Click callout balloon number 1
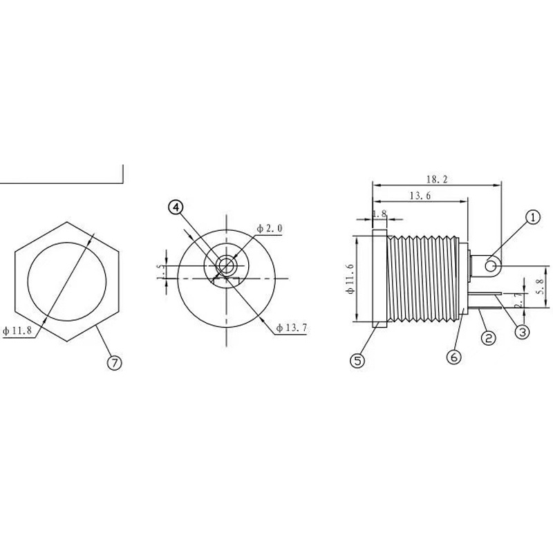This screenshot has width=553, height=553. (532, 218)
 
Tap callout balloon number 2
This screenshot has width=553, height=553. (488, 338)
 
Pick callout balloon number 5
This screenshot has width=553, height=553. (357, 360)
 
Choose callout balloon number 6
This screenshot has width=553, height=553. (453, 357)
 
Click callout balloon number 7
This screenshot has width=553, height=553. (115, 362)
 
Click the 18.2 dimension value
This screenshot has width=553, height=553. (436, 179)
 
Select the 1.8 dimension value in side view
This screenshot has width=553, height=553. (379, 214)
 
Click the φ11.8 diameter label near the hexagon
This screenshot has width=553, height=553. (19, 331)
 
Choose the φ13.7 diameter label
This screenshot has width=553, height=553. (290, 327)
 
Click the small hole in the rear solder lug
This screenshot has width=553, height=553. (491, 265)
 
